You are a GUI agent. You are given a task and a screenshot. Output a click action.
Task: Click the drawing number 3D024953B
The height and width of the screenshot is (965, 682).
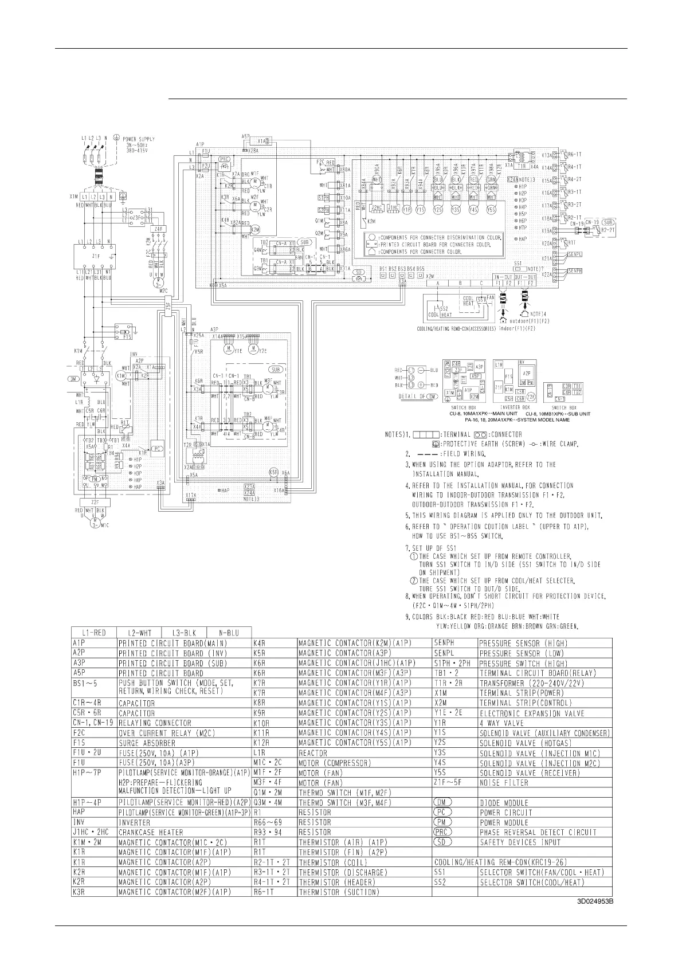[x=595, y=901]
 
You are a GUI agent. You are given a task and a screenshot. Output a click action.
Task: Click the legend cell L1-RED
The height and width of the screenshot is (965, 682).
[x=93, y=632]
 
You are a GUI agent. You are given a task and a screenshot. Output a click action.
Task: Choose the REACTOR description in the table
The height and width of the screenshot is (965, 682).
[x=313, y=753]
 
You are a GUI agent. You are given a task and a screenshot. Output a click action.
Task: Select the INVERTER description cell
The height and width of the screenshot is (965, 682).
[x=136, y=822]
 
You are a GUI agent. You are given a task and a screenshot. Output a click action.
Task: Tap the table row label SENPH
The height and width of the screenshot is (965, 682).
[x=444, y=643]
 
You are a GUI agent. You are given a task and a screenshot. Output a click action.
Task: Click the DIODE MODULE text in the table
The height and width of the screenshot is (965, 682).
[x=504, y=803]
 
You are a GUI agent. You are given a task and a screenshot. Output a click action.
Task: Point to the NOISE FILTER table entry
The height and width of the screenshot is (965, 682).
[x=504, y=783]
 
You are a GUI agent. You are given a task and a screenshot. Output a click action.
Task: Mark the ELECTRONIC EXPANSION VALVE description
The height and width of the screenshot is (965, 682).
[x=532, y=713]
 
